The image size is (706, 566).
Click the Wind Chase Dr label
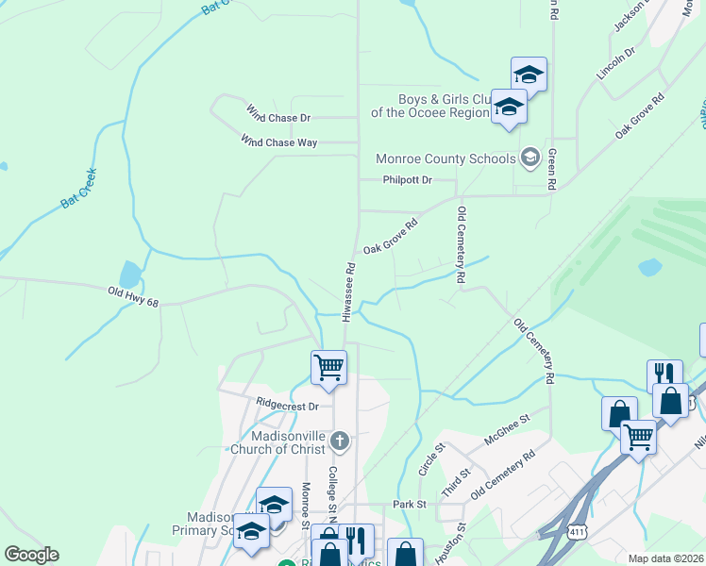[278, 118]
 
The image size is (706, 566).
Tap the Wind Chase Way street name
[278, 141]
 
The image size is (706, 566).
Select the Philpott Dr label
[407, 179]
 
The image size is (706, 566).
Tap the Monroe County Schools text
[446, 158]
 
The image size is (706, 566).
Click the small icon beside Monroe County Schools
[529, 158]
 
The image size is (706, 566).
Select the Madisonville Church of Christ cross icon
[340, 441]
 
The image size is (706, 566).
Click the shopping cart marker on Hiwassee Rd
[328, 366]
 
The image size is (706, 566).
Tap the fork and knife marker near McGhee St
[664, 375]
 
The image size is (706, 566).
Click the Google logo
[31, 555]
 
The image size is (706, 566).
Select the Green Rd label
[552, 169]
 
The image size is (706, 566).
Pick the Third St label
[455, 482]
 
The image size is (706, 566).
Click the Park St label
[410, 505]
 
